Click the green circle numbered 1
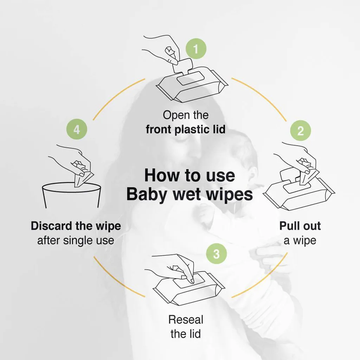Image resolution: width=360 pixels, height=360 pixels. [196, 49]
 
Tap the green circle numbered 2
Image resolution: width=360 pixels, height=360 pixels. [301, 131]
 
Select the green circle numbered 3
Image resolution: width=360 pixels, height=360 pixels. [217, 254]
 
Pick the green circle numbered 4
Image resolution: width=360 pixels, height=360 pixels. [77, 129]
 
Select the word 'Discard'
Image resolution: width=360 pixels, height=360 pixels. [51, 226]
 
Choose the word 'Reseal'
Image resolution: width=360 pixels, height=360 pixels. [186, 320]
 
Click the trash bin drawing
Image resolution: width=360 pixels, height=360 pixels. [72, 195]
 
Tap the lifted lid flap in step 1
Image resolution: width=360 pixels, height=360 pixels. [182, 65]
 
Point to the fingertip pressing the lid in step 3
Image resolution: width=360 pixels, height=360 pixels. [191, 281]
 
